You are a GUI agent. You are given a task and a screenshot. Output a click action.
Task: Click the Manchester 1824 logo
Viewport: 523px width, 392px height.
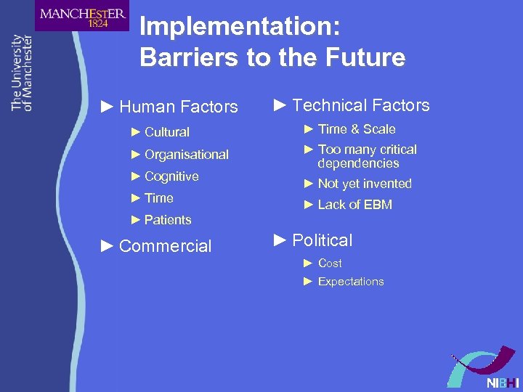coord(82,16)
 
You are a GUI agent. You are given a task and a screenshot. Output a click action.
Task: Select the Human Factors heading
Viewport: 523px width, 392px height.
coord(178,107)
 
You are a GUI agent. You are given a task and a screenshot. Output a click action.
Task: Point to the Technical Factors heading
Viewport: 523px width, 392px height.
coord(360,106)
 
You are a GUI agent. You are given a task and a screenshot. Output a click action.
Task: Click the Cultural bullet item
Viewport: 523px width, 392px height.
coord(166,132)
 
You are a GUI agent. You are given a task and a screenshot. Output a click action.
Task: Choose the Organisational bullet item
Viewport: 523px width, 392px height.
coord(186,155)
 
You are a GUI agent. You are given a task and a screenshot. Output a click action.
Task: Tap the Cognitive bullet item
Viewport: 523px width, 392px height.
coord(171,176)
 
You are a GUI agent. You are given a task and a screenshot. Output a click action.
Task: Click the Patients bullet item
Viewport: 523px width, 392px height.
coord(168,220)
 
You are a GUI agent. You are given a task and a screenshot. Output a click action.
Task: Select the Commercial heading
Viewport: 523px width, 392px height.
coord(165,246)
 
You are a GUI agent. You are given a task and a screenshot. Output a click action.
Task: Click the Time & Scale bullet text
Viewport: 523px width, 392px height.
coord(357,129)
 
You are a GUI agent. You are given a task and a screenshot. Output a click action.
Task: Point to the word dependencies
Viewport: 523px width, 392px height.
coord(358,163)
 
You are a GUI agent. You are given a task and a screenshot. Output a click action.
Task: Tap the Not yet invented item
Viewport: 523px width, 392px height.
coord(365,184)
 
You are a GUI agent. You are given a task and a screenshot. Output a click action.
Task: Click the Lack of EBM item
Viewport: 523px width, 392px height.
coord(354,205)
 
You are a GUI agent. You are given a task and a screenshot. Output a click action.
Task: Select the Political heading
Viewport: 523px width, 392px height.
coord(322,240)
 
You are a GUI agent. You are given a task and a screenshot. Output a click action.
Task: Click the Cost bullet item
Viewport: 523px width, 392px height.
coord(330,263)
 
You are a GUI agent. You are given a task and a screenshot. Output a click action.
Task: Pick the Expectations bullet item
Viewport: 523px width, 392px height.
coord(351,282)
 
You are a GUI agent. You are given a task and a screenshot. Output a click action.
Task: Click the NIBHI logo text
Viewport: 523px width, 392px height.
coord(503,383)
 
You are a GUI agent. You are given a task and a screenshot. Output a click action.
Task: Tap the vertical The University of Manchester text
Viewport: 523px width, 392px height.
coord(23,73)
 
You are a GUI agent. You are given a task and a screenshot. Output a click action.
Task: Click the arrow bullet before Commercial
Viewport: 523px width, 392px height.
coord(107,246)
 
